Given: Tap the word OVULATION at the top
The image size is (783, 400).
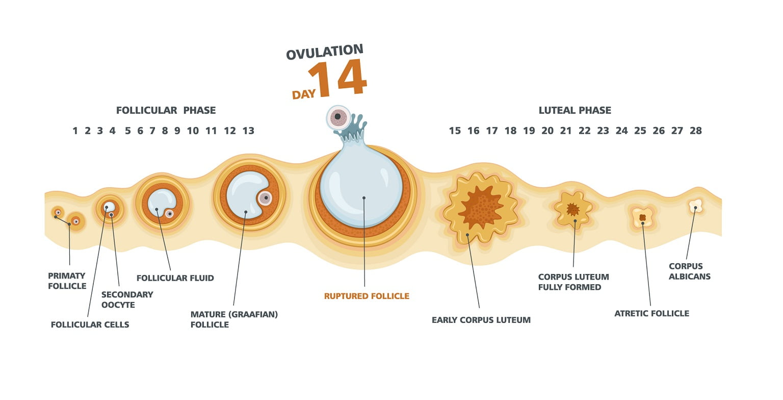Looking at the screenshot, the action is (x=325, y=52).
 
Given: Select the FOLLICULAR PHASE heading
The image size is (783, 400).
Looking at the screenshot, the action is (x=166, y=110).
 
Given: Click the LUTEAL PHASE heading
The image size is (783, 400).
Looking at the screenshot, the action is (x=575, y=110).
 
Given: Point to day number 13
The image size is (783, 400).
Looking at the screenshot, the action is (x=248, y=131).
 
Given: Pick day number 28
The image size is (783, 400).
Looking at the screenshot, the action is (x=696, y=131).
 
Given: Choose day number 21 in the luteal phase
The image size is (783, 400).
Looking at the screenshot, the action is (x=565, y=131).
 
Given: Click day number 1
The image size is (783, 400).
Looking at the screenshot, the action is (x=75, y=131).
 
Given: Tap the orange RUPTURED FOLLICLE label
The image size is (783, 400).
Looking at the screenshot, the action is (x=367, y=296).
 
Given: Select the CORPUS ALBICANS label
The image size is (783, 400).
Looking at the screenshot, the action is (x=690, y=271).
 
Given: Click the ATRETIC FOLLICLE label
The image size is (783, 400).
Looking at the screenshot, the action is (x=652, y=313).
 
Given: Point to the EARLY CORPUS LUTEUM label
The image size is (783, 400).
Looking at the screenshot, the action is (x=481, y=320).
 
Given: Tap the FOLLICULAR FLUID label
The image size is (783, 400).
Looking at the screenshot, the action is (x=175, y=278).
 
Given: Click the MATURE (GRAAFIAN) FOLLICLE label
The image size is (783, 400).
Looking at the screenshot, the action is (x=234, y=319).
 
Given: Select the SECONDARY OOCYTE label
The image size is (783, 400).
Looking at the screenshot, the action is (x=127, y=299).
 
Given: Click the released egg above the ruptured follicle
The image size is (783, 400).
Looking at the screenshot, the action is (x=338, y=117).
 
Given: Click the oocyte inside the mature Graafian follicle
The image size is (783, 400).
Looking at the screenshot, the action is (x=265, y=198).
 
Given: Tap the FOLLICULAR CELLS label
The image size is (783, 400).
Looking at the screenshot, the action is (x=90, y=324).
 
